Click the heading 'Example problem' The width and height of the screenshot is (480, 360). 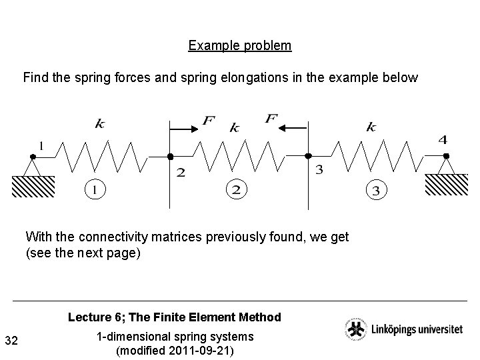239,46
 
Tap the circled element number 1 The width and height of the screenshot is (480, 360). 96,189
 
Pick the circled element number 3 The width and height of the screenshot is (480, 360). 376,191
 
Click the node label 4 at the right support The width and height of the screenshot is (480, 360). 443,139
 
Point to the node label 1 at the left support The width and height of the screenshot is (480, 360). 41,145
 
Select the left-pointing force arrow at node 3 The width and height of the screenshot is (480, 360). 291,127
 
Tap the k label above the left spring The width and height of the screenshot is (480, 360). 99,123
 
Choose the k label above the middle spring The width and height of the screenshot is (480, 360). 234,127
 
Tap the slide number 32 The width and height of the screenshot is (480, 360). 11,341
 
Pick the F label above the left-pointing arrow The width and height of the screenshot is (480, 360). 271,119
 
